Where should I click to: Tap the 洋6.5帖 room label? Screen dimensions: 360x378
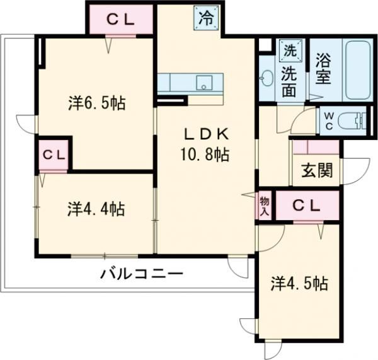click(96, 103)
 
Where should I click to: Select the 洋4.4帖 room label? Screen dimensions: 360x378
click(96, 208)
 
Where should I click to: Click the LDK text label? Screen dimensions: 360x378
click(205, 134)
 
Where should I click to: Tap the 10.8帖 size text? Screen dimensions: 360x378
click(206, 153)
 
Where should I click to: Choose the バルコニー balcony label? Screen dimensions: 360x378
click(141, 275)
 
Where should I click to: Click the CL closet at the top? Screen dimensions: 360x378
click(120, 19)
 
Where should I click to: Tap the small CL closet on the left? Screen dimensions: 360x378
click(54, 154)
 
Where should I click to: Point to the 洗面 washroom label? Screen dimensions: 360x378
click(289, 81)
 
